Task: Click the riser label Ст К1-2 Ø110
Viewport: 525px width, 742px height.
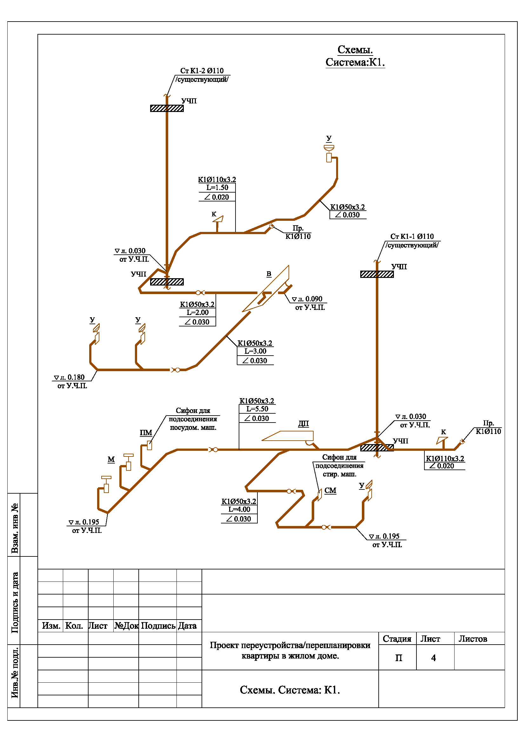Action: (202, 71)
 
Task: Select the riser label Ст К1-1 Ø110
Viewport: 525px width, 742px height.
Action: (412, 236)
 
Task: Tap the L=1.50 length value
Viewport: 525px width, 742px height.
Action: (217, 187)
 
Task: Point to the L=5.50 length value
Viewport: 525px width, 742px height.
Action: (257, 409)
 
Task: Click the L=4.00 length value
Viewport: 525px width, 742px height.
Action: (239, 509)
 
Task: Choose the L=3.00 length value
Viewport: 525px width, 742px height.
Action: (256, 351)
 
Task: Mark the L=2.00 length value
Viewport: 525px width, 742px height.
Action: (197, 312)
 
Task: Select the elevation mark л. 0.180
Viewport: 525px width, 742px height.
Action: (69, 377)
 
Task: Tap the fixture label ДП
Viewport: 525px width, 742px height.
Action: (303, 424)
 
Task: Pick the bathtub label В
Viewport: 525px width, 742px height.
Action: (269, 274)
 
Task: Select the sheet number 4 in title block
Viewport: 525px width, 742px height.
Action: (434, 658)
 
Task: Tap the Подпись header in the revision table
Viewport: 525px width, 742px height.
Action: (158, 626)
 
